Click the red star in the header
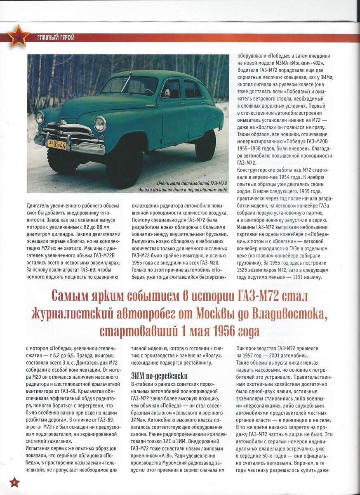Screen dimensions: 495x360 tap(19, 36)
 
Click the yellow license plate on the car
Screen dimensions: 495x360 tap(57, 144)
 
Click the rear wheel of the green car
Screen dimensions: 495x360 tap(205, 145)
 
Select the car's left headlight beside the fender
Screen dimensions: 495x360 tap(100, 124)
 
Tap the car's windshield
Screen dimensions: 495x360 tap(129, 86)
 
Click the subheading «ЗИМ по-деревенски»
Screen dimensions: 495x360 tap(159, 376)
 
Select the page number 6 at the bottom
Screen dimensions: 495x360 tap(14, 482)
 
